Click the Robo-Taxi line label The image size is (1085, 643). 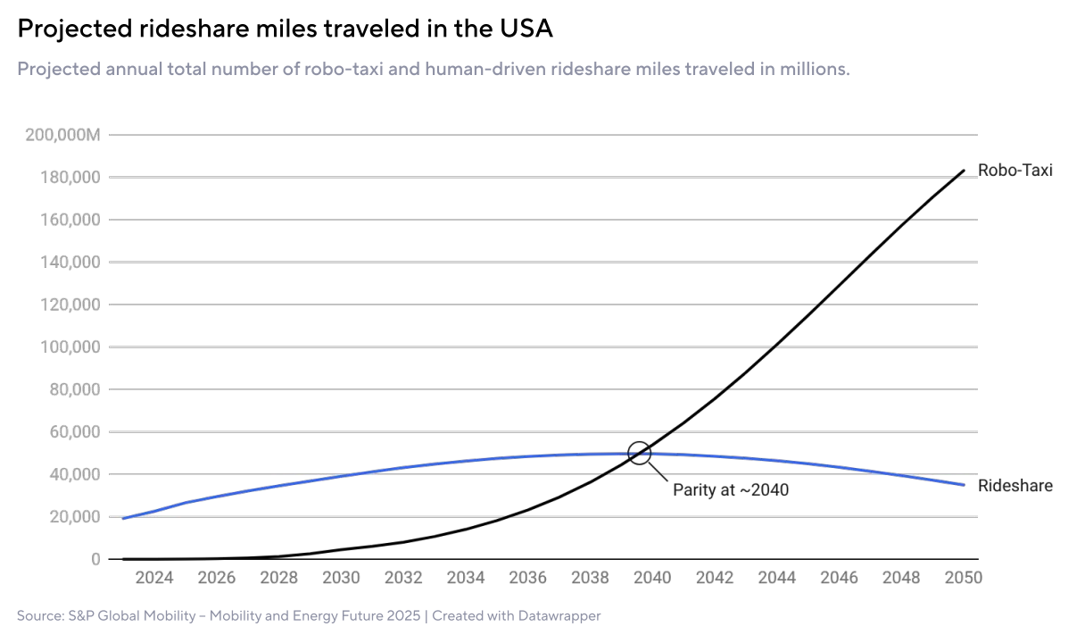1015,170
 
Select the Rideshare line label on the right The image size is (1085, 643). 1015,486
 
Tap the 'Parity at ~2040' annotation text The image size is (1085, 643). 730,489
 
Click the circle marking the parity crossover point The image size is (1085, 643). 640,453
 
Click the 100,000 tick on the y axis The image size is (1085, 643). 71,347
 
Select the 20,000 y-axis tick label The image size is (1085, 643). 75,517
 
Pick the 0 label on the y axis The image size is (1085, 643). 94,559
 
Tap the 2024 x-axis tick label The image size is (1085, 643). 154,578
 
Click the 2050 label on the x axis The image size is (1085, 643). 964,578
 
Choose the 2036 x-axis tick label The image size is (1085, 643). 527,578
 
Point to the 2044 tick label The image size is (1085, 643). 776,578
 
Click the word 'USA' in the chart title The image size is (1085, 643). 526,29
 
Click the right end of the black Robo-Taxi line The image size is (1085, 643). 964,171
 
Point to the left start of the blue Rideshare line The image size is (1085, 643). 123,518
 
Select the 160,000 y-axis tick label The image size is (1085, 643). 71,220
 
